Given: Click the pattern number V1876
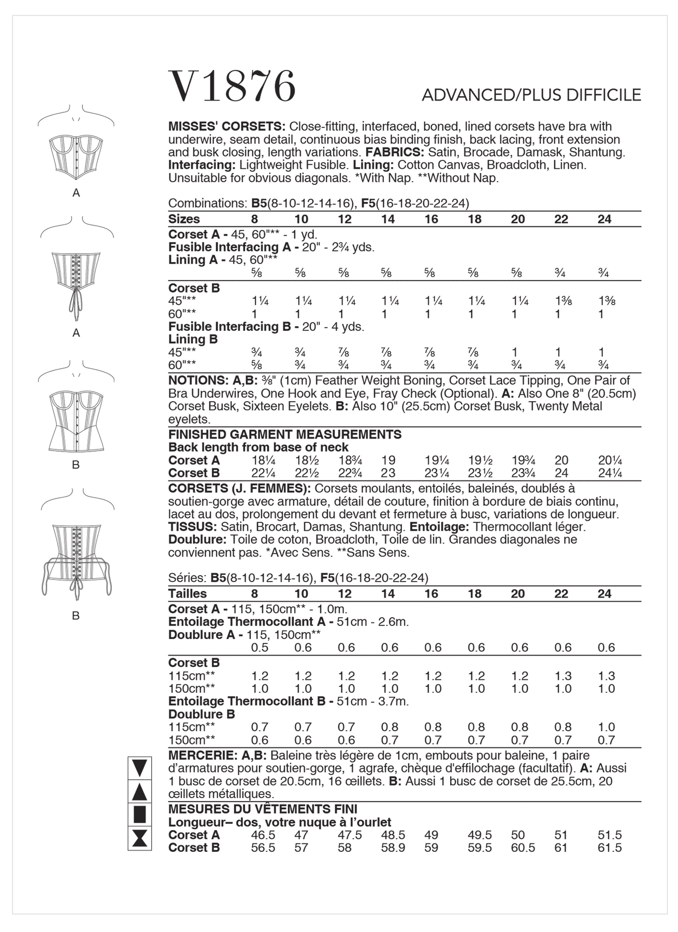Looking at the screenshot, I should [233, 86].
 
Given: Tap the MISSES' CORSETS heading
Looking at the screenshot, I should [227, 127].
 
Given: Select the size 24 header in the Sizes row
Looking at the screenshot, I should [604, 219].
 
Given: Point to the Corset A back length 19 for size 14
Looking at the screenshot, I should [388, 460].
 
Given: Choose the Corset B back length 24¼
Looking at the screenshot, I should [610, 473].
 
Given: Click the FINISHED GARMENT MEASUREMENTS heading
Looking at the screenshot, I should [285, 434].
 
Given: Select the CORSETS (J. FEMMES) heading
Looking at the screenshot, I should [239, 489].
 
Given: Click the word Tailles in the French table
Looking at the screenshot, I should [187, 594].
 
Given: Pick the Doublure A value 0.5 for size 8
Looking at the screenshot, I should [259, 648].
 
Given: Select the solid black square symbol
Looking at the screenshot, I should [139, 814].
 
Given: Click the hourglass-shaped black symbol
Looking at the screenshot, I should [139, 838].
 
